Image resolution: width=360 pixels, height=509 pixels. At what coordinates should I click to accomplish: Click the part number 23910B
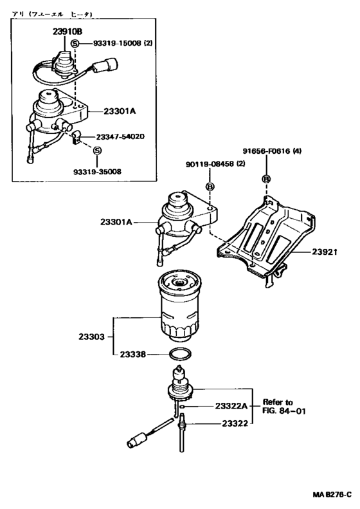(x=59, y=30)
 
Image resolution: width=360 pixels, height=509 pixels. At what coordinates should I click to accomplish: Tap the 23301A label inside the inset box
(x=120, y=111)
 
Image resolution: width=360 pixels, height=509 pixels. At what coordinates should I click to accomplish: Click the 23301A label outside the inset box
(x=116, y=222)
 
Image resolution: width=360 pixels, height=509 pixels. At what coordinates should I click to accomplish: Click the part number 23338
(x=132, y=354)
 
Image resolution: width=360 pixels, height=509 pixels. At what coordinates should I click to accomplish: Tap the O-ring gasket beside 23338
(x=179, y=354)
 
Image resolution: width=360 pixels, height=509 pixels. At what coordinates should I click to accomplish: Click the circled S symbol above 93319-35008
(x=98, y=151)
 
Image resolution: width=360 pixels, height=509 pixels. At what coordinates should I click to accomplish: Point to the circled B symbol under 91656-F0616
(x=267, y=178)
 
